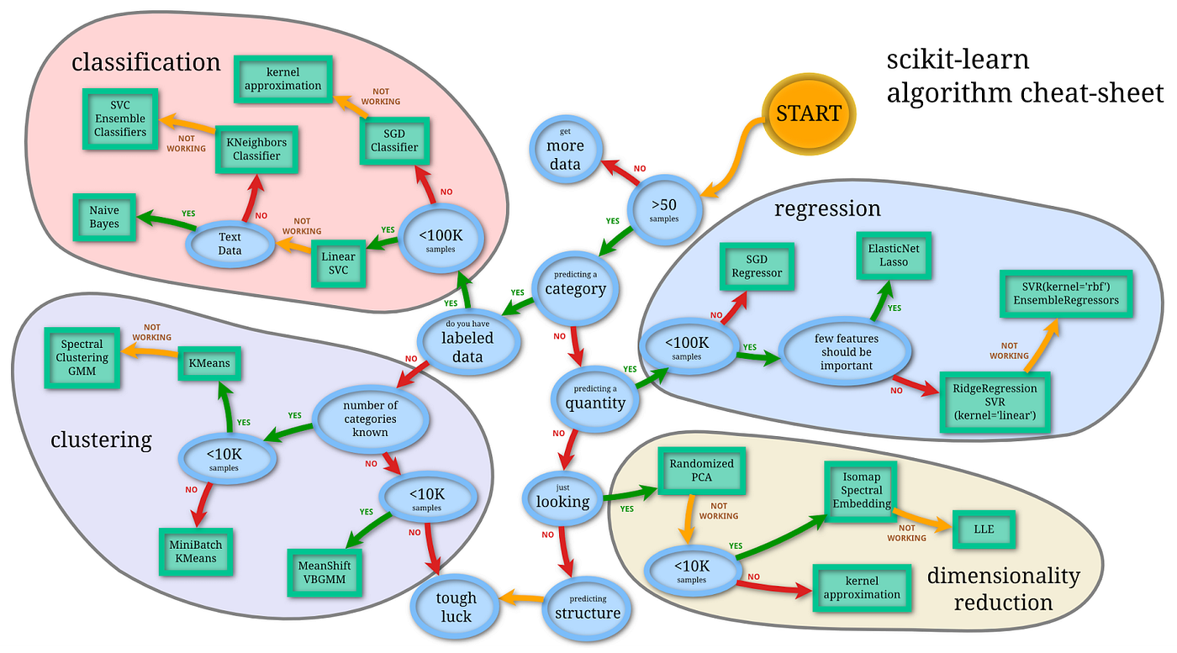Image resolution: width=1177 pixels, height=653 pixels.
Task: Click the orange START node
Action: click(808, 113)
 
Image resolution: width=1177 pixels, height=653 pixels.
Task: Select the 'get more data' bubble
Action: click(565, 149)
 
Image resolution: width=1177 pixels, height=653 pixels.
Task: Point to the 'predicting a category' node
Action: click(575, 283)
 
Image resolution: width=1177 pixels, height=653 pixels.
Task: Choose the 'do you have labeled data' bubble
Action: click(468, 340)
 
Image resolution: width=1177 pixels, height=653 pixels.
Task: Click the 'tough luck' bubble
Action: click(456, 607)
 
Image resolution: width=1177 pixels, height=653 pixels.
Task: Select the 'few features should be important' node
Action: click(843, 352)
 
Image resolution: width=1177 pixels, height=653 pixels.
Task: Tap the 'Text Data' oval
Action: click(230, 243)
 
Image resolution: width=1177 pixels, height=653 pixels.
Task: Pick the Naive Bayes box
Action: click(104, 216)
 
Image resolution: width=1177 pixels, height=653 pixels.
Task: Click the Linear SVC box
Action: click(338, 263)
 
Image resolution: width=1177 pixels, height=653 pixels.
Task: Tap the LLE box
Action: click(984, 529)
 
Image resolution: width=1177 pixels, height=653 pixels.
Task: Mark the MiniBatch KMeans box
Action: click(196, 551)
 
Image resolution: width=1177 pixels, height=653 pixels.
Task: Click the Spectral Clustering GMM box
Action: click(82, 357)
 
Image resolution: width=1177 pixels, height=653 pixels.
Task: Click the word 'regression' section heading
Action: click(827, 208)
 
